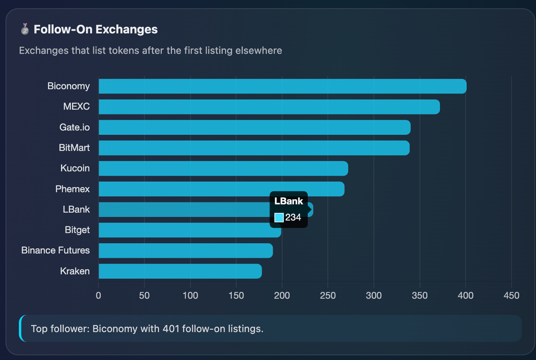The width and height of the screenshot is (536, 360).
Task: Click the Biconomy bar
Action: point(282,86)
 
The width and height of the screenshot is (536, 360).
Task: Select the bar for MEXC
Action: point(269,107)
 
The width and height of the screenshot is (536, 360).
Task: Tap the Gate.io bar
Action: point(255,127)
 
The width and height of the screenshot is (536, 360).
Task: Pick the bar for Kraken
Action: point(180,271)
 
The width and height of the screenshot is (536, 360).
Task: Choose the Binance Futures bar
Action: point(186,250)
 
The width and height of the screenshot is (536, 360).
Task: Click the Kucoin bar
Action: point(223,169)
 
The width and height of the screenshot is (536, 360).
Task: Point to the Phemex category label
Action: point(72,189)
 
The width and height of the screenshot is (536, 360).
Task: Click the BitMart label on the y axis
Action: point(74,148)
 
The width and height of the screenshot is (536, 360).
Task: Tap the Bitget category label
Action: point(77,230)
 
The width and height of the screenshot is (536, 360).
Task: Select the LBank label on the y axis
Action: point(76,209)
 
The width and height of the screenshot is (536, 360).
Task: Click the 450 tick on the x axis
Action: point(511,296)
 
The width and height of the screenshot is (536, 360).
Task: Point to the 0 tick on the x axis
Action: point(98,296)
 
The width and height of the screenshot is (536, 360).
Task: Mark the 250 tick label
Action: point(328,296)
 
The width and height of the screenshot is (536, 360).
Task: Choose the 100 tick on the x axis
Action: point(190,296)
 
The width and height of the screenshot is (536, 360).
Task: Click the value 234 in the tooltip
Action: point(293,218)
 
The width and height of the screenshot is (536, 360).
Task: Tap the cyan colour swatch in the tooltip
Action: point(279,218)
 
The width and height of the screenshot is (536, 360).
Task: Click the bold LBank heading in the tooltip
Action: point(288,201)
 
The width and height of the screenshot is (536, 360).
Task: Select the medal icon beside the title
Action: point(25,29)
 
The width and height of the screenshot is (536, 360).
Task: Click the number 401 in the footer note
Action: point(171,329)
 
